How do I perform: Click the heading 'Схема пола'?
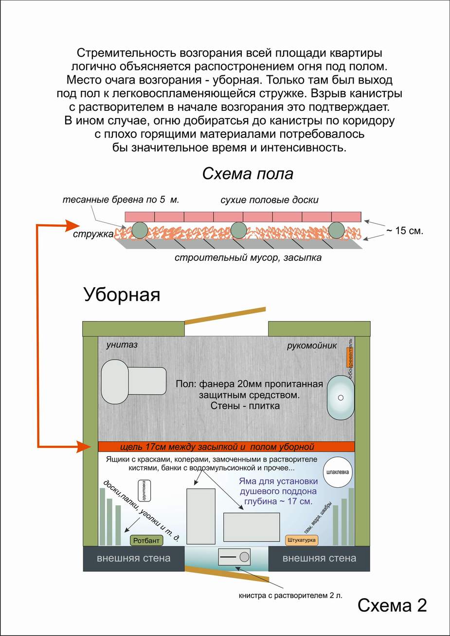tap(248, 174)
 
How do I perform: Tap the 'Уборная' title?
tap(122, 294)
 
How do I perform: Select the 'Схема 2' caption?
tap(392, 605)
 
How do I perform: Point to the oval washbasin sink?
tap(341, 397)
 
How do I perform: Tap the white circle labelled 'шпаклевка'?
tap(339, 472)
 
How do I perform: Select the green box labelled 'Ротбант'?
tap(146, 540)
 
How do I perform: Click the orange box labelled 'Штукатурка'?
tap(302, 540)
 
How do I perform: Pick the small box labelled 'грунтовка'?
tap(144, 491)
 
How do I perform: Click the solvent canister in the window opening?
tap(234, 556)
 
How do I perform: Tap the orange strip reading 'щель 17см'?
tap(226, 447)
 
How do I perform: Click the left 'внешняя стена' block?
tap(134, 558)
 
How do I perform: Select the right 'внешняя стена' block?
tap(319, 558)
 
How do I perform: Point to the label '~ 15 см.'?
tap(404, 231)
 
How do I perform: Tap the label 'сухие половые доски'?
tap(270, 200)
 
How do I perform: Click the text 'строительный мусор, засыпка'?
tap(248, 258)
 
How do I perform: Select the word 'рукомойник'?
tap(312, 346)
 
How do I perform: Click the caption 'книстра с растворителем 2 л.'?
tap(290, 595)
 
